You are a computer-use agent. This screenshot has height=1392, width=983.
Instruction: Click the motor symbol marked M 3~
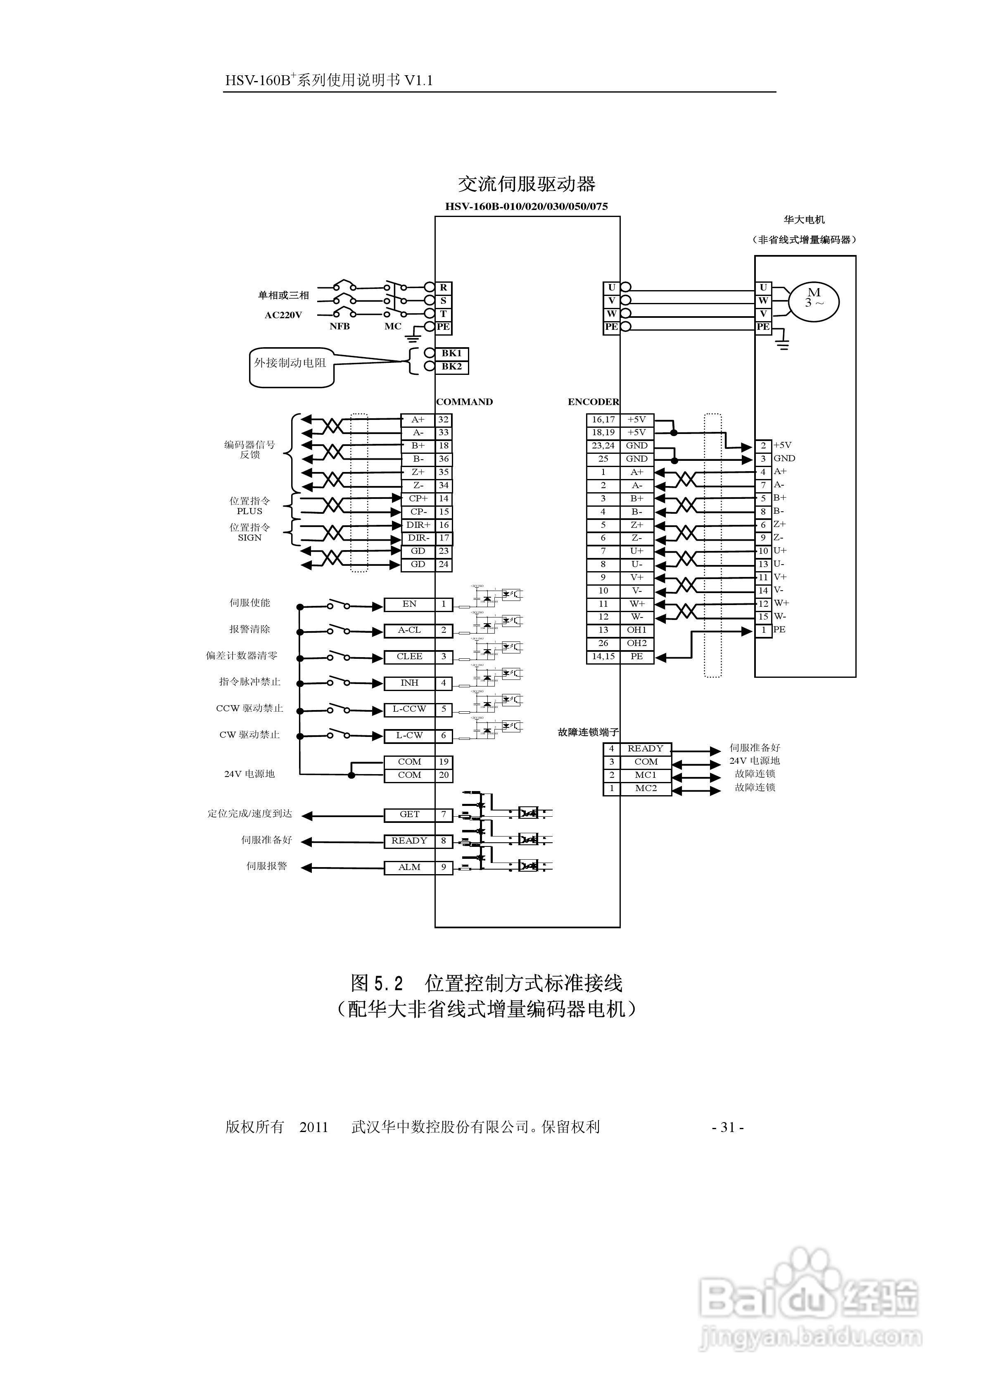point(813,301)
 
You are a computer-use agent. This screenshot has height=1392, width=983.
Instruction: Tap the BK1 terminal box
point(451,353)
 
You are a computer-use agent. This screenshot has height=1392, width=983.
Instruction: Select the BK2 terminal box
point(451,367)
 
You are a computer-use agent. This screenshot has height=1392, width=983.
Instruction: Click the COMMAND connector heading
point(464,402)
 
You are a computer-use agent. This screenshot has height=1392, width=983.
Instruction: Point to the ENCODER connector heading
point(593,402)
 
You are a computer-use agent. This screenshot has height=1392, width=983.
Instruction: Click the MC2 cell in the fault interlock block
point(646,789)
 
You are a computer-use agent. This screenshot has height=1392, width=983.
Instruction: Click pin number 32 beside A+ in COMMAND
point(444,420)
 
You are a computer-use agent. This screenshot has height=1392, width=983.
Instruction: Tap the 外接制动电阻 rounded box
point(290,364)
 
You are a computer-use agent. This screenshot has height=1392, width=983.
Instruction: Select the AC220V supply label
point(283,315)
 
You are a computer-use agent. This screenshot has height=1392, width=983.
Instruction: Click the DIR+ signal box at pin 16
point(418,525)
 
